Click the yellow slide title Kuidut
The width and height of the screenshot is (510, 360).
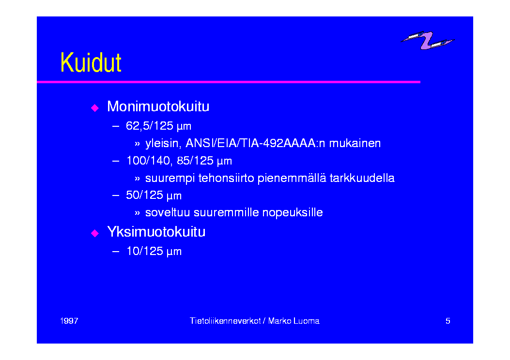[91, 62]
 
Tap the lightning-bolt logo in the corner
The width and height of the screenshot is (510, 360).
[427, 40]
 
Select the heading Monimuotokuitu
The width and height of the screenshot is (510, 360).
[158, 106]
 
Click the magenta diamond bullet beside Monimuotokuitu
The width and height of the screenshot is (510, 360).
[95, 108]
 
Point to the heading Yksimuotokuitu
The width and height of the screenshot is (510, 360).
[156, 232]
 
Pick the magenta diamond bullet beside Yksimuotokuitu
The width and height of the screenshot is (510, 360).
[95, 233]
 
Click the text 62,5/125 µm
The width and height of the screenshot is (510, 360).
[159, 126]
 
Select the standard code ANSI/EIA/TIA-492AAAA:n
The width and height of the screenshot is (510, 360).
[255, 143]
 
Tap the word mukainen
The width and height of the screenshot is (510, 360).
[355, 143]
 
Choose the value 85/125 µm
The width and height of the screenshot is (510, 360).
[204, 161]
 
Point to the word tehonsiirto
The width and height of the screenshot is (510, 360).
[226, 178]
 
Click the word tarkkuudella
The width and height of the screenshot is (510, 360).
[362, 178]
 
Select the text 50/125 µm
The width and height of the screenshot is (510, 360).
[154, 195]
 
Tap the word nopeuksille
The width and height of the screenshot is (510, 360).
[293, 213]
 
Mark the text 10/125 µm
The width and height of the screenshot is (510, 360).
[154, 252]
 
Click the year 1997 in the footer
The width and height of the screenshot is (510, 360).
[69, 321]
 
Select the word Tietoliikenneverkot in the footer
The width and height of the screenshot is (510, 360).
[225, 321]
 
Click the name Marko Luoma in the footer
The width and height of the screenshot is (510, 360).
[294, 321]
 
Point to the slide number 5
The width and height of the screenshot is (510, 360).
[448, 321]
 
